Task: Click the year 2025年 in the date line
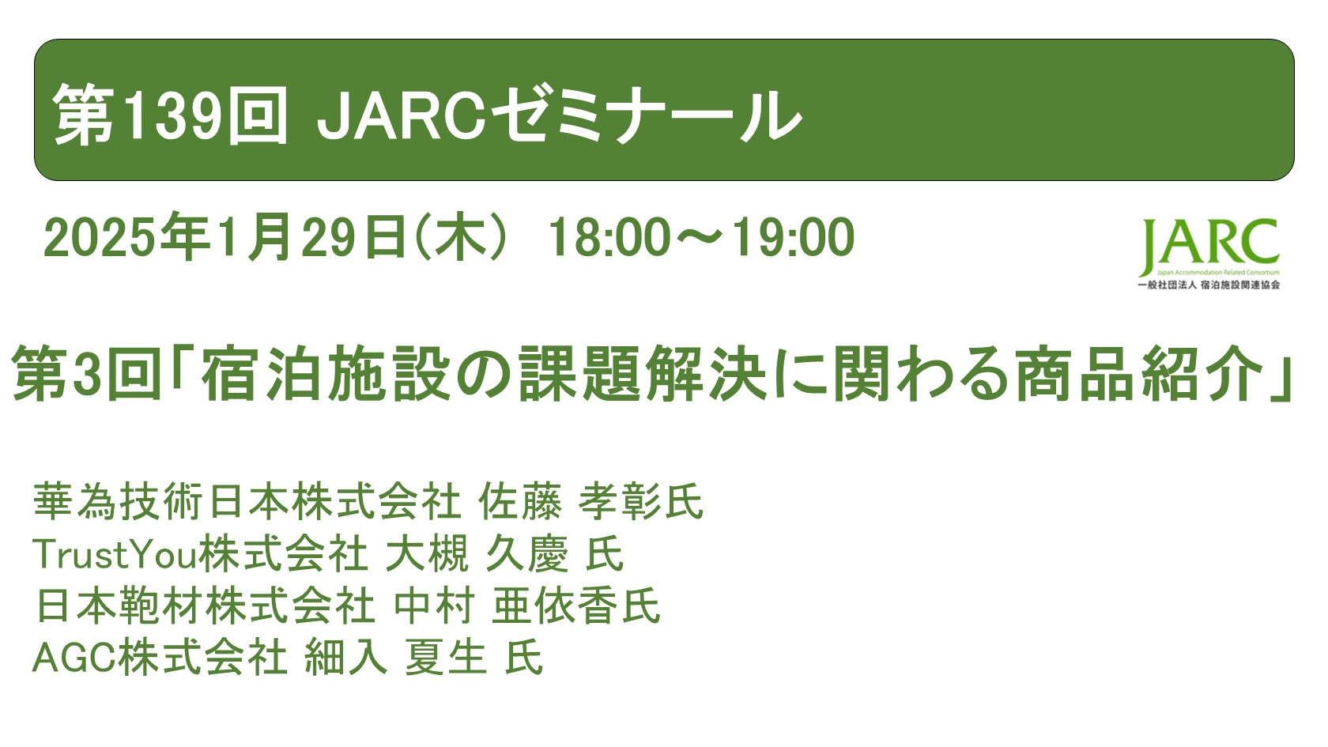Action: (126, 237)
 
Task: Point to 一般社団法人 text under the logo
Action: (1167, 285)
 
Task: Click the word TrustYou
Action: (114, 554)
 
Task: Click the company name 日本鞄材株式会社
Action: (205, 606)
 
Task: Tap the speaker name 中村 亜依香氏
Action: (526, 606)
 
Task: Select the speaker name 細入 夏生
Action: (395, 658)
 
